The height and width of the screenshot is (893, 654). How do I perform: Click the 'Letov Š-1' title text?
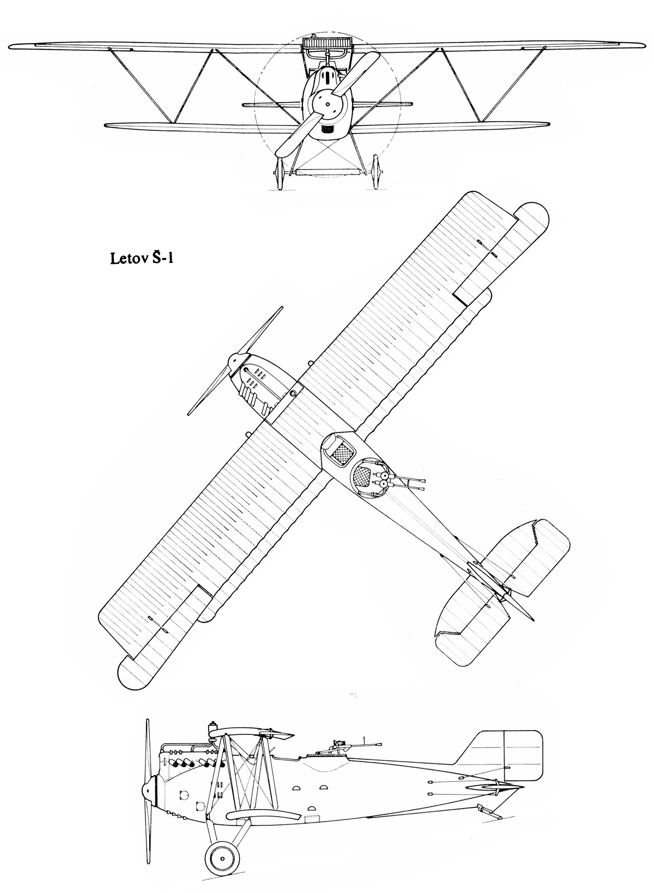tap(143, 258)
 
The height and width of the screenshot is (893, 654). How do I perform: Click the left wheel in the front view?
tap(280, 173)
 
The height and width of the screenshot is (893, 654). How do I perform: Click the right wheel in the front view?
tap(376, 172)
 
